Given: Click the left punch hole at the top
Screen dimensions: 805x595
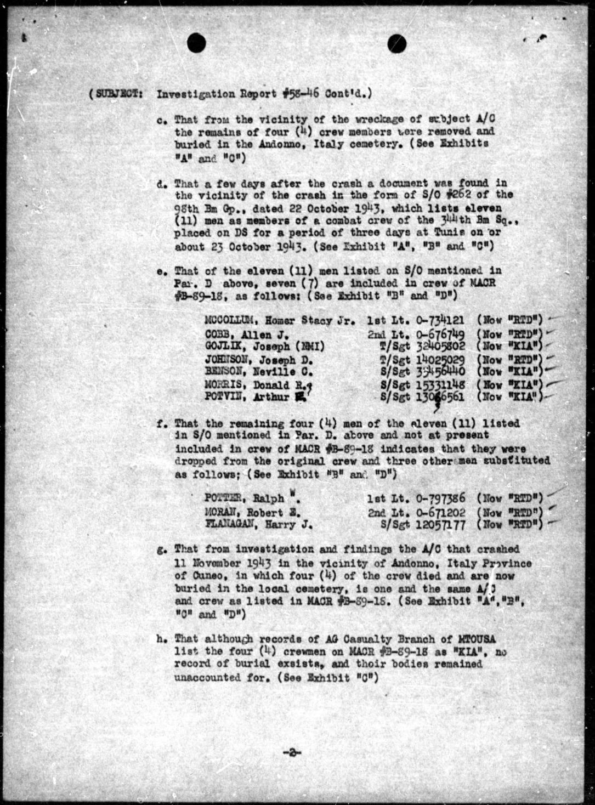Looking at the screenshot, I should click(196, 41).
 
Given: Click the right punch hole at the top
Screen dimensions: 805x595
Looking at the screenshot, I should click(398, 42).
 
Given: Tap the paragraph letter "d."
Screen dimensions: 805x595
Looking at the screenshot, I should click(161, 183).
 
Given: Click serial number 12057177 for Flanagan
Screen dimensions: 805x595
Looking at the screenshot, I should click(441, 525).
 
